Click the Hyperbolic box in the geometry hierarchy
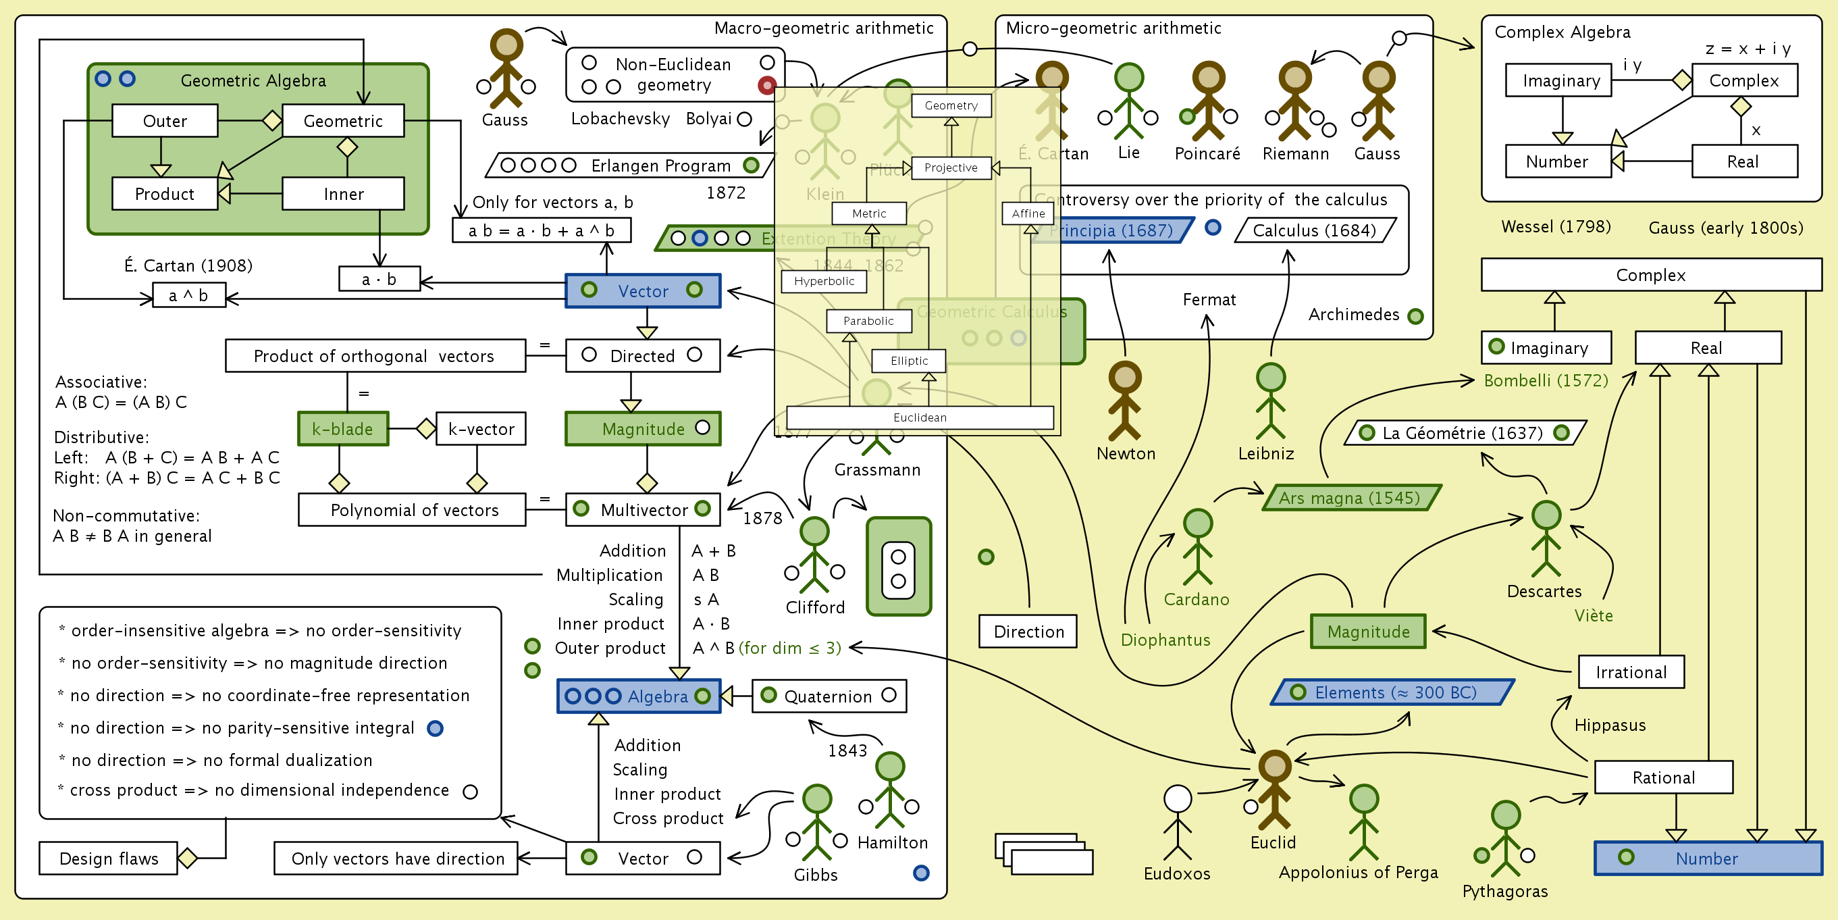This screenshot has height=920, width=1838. [x=823, y=281]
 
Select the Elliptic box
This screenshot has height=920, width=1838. [x=908, y=361]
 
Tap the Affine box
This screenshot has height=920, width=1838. [x=1028, y=213]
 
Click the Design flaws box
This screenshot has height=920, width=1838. [x=109, y=858]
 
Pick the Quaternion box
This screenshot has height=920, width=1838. [x=829, y=696]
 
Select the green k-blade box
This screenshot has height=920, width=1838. [x=343, y=429]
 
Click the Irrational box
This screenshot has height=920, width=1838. [x=1631, y=671]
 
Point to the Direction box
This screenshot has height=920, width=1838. [x=1028, y=631]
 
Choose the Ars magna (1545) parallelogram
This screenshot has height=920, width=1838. [x=1350, y=497]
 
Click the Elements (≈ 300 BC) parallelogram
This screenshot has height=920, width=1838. [x=1392, y=692]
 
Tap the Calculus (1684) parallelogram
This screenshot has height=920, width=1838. [x=1314, y=230]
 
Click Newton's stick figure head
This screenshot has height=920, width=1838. [x=1124, y=377]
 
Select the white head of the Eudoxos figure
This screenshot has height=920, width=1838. [x=1178, y=798]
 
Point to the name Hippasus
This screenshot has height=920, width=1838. [x=1610, y=725]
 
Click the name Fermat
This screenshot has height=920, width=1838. [x=1209, y=300]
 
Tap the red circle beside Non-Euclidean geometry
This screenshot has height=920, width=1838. [x=766, y=86]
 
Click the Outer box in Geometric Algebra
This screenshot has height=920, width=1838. [x=165, y=121]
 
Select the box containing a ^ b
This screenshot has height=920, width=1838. [x=189, y=295]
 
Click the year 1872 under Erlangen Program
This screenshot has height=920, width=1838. [x=726, y=193]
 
